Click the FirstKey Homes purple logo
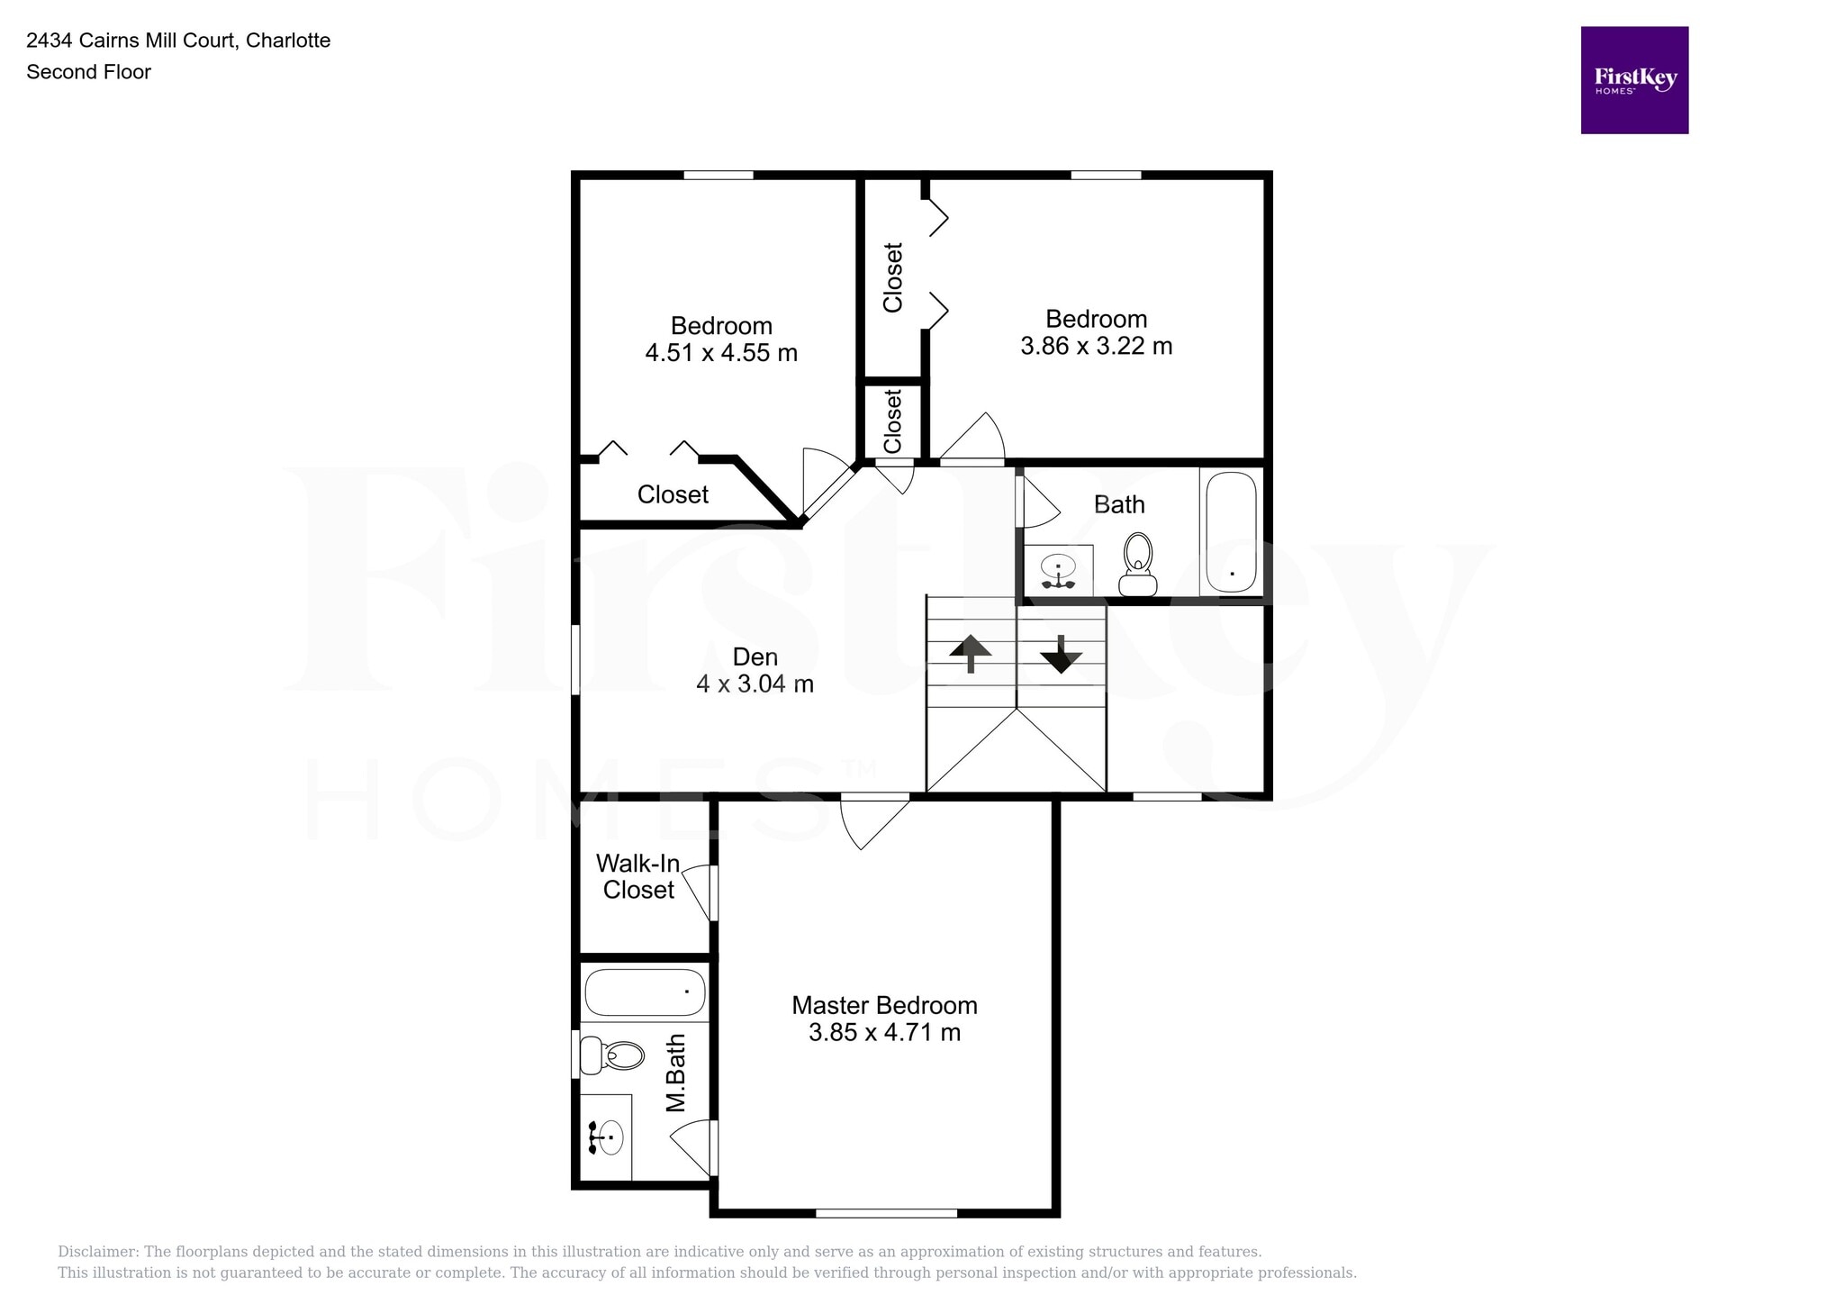1634,80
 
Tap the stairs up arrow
971,653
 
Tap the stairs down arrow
1061,655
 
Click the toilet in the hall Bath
1138,565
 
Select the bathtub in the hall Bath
1231,532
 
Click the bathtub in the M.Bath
645,992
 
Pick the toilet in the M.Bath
612,1055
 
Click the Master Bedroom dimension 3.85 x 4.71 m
884,1032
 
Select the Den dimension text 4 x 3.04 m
755,684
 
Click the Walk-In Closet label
637,876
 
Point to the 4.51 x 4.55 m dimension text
720,353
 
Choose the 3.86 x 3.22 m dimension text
1096,346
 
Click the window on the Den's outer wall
575,660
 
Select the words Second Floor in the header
88,72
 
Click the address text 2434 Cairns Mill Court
132,41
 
